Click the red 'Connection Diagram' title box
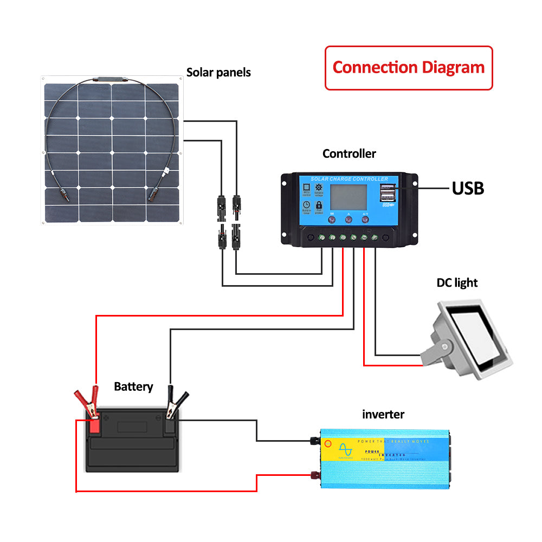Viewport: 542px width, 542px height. [x=408, y=68]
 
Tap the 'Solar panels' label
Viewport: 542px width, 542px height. [x=218, y=72]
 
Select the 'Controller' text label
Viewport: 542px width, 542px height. [x=349, y=154]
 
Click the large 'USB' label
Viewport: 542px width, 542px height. [x=468, y=188]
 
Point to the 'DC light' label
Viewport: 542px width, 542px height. [x=457, y=283]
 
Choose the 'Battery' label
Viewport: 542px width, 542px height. [x=133, y=387]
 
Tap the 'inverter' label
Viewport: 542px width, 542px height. [x=383, y=415]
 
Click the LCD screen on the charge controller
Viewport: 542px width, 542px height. [x=349, y=197]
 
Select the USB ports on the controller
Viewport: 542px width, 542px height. [x=388, y=195]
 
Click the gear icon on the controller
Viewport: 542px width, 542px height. [x=319, y=188]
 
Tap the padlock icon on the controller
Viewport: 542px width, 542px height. [x=319, y=206]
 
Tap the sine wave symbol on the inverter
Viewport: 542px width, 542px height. [x=344, y=449]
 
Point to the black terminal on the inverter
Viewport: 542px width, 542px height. [x=314, y=441]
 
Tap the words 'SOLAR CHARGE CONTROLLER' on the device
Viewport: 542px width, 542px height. [x=349, y=179]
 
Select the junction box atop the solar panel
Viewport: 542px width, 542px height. [x=111, y=79]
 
